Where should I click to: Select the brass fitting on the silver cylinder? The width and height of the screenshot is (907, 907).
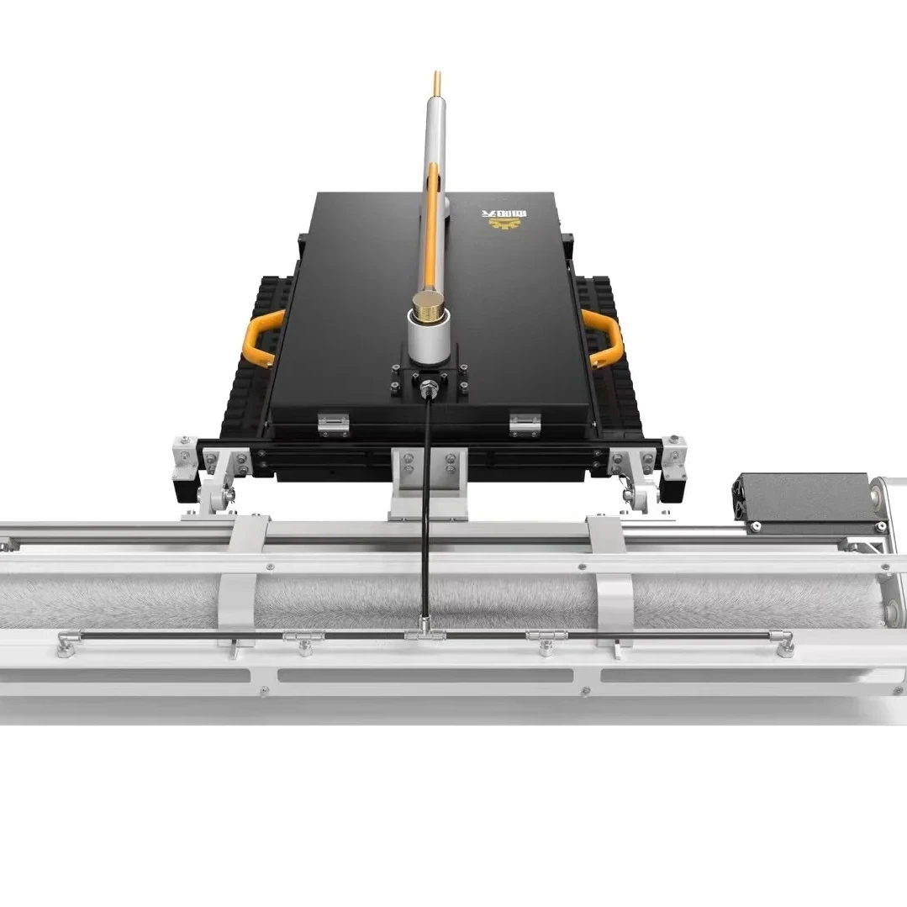(x=426, y=304)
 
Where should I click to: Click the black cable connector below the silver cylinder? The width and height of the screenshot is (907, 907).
(x=428, y=388)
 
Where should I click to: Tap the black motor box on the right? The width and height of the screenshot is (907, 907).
(x=803, y=498)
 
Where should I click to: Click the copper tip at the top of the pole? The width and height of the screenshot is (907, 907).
(x=436, y=84)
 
